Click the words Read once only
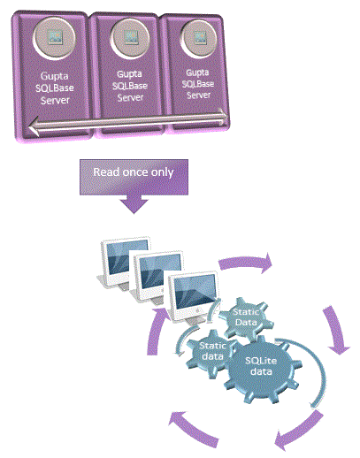[x=134, y=172]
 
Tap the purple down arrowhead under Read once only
[x=134, y=205]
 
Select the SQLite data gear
[x=261, y=369]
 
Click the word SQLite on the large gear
[x=261, y=361]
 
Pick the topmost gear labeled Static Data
[x=246, y=317]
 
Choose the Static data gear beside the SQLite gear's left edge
[x=211, y=352]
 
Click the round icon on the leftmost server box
[x=54, y=37]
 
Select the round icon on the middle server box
[x=130, y=38]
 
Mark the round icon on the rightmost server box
[x=198, y=38]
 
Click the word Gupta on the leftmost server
[x=54, y=76]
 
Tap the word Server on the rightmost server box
[x=199, y=95]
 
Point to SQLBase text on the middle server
[x=130, y=86]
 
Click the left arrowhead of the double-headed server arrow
[x=35, y=126]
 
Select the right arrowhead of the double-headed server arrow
[x=222, y=117]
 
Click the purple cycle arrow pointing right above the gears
[x=245, y=262]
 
